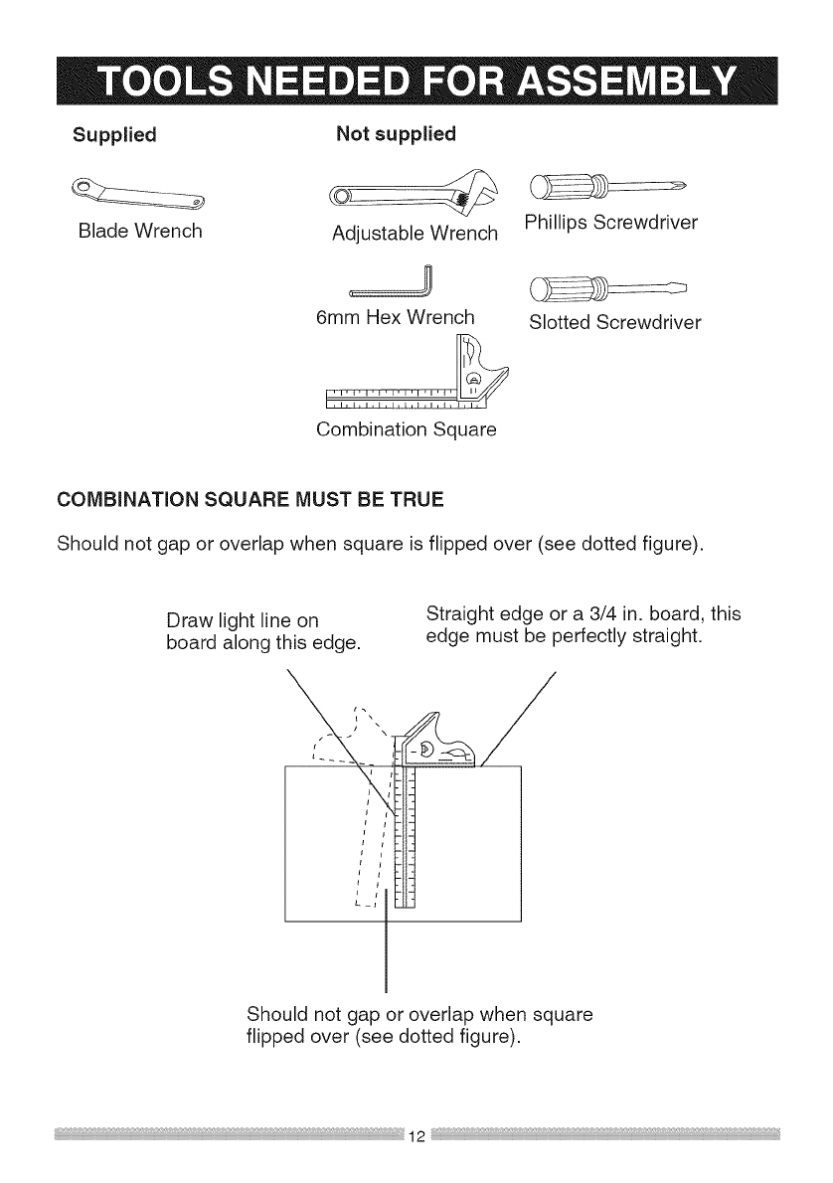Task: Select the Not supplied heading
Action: [396, 133]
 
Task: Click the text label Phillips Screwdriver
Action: [610, 223]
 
